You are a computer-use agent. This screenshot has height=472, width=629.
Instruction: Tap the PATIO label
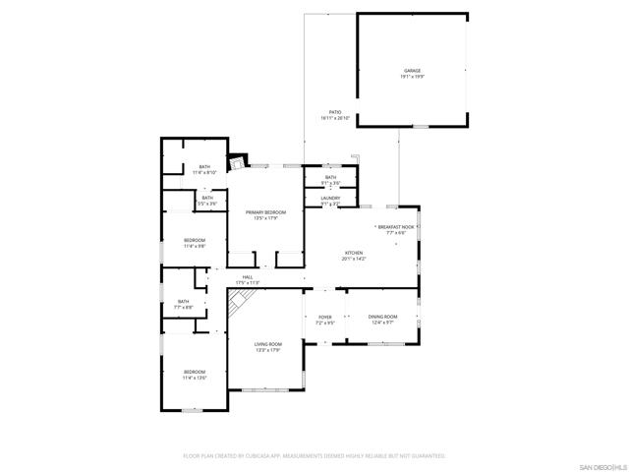click(x=335, y=114)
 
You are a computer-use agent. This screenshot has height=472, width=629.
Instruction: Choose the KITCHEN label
click(x=353, y=256)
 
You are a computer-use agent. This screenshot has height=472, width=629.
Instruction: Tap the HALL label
click(x=248, y=279)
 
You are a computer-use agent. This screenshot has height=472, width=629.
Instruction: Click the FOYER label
click(x=324, y=320)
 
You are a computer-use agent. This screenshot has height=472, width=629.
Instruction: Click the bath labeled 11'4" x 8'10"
click(x=204, y=169)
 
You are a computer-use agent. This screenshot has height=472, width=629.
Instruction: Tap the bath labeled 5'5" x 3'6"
click(x=207, y=201)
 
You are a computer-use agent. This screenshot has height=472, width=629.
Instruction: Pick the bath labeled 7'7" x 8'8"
click(x=184, y=304)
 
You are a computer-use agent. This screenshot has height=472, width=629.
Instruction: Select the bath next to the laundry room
click(x=330, y=180)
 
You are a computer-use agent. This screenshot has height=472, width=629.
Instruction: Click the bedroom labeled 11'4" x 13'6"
click(x=194, y=374)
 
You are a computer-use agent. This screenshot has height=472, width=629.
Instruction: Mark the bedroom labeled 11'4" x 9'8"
click(x=194, y=243)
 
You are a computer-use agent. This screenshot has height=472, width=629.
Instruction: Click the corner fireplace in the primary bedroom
click(x=236, y=161)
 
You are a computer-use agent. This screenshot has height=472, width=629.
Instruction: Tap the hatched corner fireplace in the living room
click(x=237, y=304)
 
